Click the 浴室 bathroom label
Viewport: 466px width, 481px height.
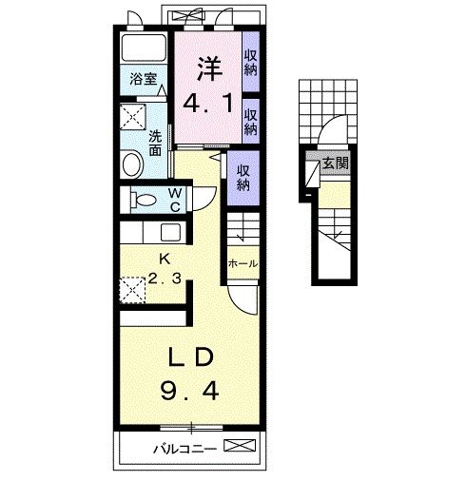click(x=144, y=79)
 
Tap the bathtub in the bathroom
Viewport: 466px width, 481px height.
click(x=144, y=47)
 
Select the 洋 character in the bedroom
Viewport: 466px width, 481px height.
click(x=210, y=68)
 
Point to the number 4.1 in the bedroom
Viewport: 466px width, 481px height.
click(x=208, y=104)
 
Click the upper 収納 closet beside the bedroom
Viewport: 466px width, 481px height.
click(x=251, y=63)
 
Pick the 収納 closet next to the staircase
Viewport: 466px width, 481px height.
click(x=243, y=179)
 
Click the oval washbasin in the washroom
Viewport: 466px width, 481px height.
click(x=132, y=165)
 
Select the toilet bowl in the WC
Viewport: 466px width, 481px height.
click(x=144, y=200)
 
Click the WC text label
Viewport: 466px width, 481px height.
click(x=175, y=200)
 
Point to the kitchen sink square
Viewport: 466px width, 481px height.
click(x=171, y=233)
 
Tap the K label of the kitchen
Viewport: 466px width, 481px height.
click(x=165, y=260)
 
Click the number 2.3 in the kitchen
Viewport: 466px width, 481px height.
click(x=165, y=279)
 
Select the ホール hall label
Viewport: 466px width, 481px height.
click(x=243, y=263)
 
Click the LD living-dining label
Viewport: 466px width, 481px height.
click(x=190, y=357)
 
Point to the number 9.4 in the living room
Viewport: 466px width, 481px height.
click(x=189, y=391)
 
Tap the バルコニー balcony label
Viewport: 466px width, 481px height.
click(x=185, y=449)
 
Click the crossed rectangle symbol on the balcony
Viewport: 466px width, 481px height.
click(x=240, y=445)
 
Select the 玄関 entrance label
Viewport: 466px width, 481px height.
click(x=335, y=164)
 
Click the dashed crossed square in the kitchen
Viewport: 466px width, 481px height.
click(x=133, y=290)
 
